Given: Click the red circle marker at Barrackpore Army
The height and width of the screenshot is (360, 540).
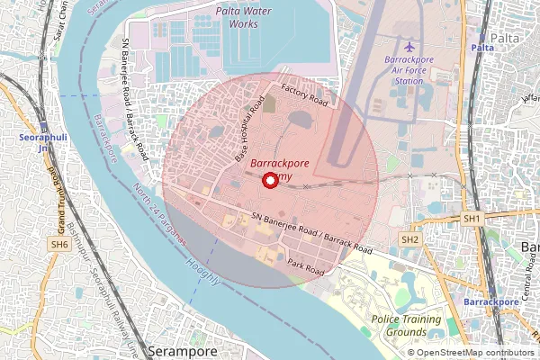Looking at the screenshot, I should (x=269, y=181).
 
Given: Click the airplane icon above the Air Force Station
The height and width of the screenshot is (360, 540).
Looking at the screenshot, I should (x=410, y=46).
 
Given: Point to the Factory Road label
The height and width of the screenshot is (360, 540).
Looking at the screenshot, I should (x=307, y=94).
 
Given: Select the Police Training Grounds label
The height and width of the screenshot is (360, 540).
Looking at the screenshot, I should (x=406, y=326).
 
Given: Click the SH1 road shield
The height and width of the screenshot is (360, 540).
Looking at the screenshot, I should (x=472, y=219).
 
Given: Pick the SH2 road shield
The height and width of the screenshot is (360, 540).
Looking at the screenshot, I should (x=409, y=239).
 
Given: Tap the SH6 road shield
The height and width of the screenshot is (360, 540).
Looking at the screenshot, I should (x=60, y=244).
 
